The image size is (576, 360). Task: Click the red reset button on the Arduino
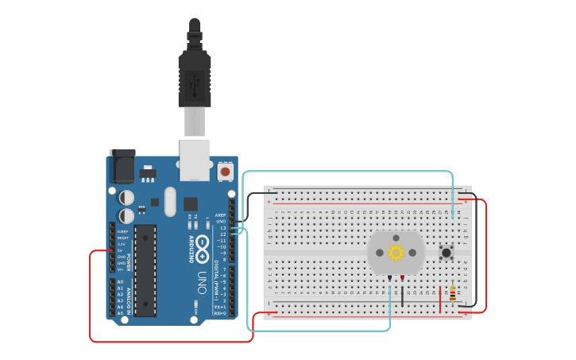[x=225, y=171]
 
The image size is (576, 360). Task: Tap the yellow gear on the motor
[x=396, y=253]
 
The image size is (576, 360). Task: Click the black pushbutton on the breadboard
[x=446, y=254]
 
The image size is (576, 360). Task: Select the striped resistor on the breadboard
[x=453, y=293]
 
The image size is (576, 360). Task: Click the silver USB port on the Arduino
[x=195, y=159]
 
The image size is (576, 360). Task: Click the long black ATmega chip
[x=145, y=270]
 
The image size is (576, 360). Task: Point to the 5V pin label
[x=122, y=250]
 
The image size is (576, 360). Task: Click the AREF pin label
[x=220, y=215]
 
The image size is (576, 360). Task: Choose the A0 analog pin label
[x=120, y=282]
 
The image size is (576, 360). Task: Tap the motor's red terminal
[x=402, y=277]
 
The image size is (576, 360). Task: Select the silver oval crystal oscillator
[x=170, y=202]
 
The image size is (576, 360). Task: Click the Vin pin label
[x=121, y=269]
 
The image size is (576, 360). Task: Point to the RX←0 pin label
[x=220, y=313]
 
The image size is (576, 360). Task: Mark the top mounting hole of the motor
[x=396, y=237]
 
